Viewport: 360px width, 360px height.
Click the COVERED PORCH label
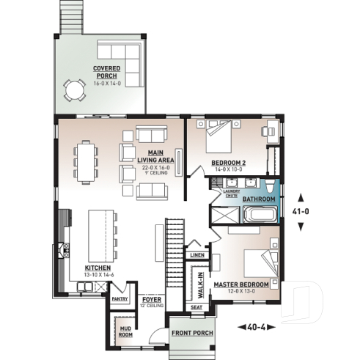tap(106, 72)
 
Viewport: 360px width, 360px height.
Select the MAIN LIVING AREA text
tap(155, 156)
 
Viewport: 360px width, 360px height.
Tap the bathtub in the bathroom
tap(260, 216)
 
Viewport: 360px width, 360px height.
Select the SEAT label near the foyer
tap(196, 307)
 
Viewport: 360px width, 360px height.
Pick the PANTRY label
tap(120, 299)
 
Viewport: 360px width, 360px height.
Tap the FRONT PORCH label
tap(191, 333)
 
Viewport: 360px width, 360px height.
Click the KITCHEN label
tap(98, 268)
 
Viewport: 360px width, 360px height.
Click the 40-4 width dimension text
tap(257, 326)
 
